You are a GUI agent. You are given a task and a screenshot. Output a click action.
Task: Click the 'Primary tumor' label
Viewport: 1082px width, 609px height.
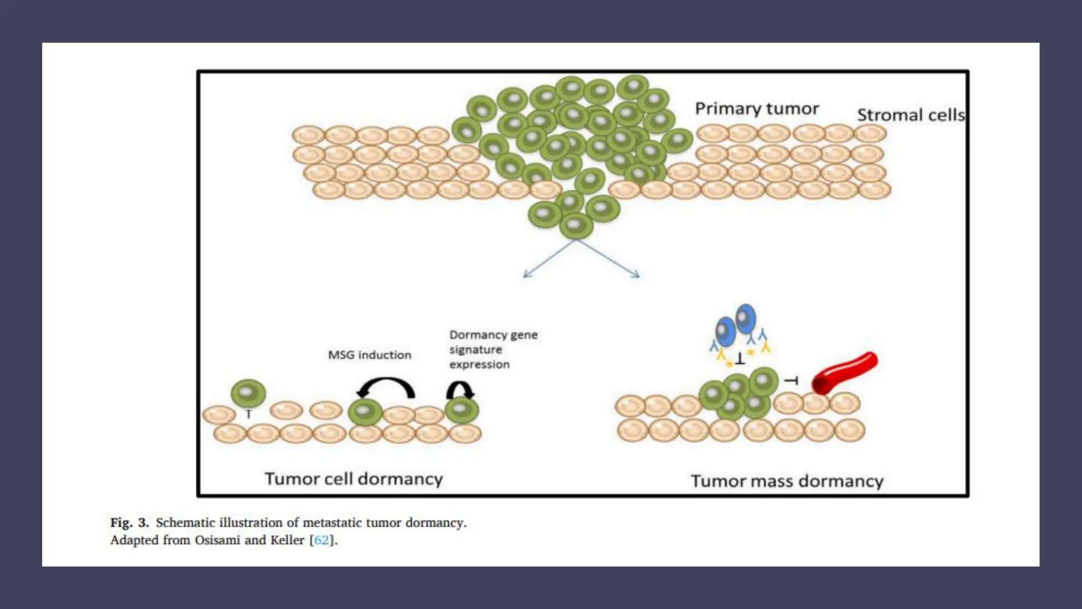pos(757,108)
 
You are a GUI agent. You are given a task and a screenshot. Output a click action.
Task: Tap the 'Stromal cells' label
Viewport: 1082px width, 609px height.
pos(910,115)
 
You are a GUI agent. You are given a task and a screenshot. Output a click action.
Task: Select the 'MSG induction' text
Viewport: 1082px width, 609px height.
pos(369,355)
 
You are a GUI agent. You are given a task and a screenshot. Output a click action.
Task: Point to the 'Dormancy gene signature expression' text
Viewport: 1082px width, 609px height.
pos(493,349)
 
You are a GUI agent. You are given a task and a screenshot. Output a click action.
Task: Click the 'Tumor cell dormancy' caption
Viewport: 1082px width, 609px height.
pos(353,478)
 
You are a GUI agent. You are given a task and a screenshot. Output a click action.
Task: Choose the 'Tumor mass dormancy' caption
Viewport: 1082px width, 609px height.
pos(787,481)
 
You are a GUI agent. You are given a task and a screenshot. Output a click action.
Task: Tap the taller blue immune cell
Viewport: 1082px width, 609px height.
pos(745,318)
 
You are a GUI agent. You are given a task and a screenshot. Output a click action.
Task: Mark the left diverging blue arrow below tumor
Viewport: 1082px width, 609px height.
pos(549,259)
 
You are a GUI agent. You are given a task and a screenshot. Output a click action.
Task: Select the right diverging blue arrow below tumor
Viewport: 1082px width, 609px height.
pos(609,259)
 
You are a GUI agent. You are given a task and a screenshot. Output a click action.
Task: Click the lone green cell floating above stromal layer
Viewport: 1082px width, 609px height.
pos(248,393)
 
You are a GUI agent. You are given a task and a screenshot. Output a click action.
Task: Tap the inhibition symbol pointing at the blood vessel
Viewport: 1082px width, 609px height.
pos(791,380)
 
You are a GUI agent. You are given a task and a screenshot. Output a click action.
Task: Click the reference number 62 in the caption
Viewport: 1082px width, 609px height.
pos(321,540)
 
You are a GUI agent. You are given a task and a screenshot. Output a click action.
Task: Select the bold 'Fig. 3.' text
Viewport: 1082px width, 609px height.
pos(129,522)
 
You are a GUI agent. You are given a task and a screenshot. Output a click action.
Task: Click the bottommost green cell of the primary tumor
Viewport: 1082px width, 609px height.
pos(576,226)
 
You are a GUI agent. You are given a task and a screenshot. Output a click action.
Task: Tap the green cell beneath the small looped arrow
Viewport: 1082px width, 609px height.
pos(461,410)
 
